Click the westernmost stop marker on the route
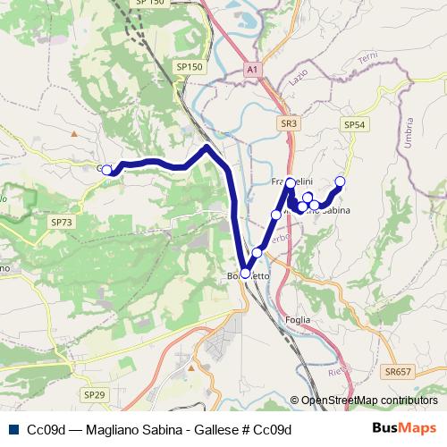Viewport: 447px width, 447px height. pyautogui.click(x=106, y=170)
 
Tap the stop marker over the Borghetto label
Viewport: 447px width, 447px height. pyautogui.click(x=246, y=274)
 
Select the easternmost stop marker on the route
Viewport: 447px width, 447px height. pyautogui.click(x=340, y=181)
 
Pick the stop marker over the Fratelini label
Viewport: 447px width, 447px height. pyautogui.click(x=291, y=182)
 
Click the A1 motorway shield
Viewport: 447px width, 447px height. pyautogui.click(x=252, y=68)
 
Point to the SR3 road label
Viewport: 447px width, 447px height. pyautogui.click(x=287, y=124)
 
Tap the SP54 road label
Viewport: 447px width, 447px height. pyautogui.click(x=356, y=126)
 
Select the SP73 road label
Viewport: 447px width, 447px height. pyautogui.click(x=62, y=222)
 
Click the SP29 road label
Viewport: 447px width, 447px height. pyautogui.click(x=94, y=394)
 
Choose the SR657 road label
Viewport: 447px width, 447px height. pyautogui.click(x=399, y=371)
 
